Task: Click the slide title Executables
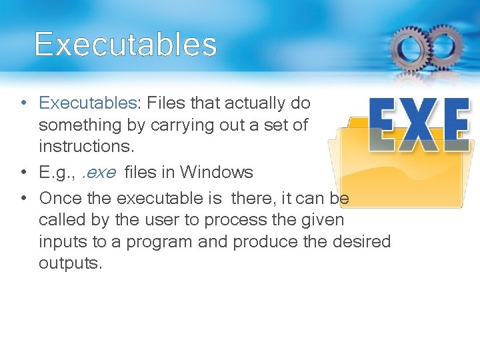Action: pyautogui.click(x=125, y=45)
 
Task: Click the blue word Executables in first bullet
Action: pyautogui.click(x=87, y=103)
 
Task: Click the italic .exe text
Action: pyautogui.click(x=99, y=173)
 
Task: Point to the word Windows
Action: pyautogui.click(x=217, y=173)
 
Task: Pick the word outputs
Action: pyautogui.click(x=70, y=263)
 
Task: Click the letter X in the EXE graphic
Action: pyautogui.click(x=419, y=126)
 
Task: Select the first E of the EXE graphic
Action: pyautogui.click(x=383, y=126)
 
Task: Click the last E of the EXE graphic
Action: pyautogui.click(x=455, y=126)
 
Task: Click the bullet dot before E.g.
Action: pyautogui.click(x=23, y=173)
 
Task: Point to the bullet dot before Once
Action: pyautogui.click(x=23, y=199)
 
